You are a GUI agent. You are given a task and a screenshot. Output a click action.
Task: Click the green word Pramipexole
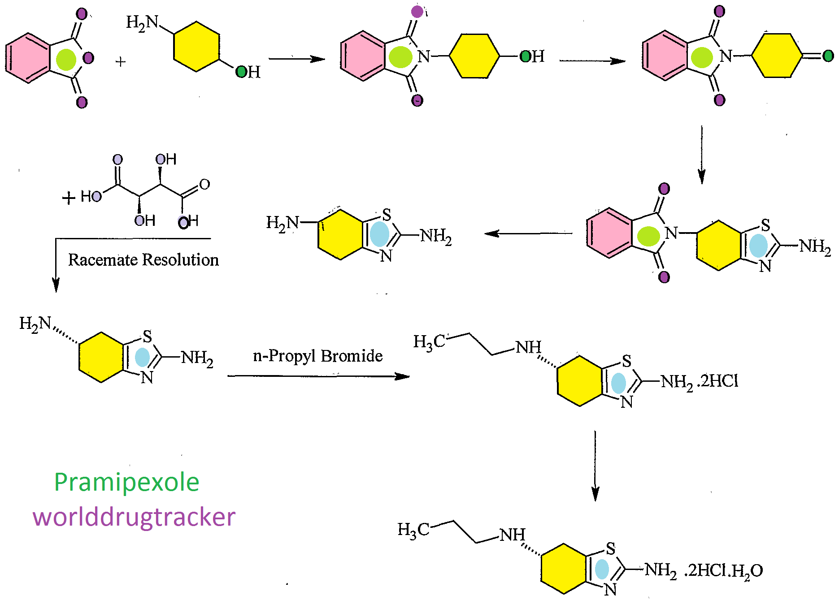coord(126,483)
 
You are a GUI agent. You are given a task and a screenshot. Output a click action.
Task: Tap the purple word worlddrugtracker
coord(134,517)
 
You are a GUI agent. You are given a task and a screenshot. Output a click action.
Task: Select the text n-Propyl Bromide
coord(317,356)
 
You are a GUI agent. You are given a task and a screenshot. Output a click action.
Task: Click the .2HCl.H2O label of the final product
coord(723,570)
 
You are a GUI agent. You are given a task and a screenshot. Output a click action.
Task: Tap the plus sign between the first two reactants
coord(120,61)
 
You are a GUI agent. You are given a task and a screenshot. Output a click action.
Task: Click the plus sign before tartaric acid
coord(68,198)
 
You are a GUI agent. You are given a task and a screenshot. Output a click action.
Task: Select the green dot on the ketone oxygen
coord(828,56)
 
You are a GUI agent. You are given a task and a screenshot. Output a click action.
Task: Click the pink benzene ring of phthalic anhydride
coord(28,58)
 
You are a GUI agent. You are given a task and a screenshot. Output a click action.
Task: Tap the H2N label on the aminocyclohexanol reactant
coord(142,22)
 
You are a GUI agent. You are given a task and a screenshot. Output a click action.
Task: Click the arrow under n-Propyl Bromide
coord(318,376)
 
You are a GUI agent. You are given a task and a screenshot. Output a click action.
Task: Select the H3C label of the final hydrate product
coord(413,530)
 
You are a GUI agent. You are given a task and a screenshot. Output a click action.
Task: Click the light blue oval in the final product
coord(602,569)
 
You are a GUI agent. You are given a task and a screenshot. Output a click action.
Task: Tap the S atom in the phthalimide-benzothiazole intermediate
coord(765,225)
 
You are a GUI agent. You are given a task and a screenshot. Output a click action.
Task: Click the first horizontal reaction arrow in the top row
coord(296,59)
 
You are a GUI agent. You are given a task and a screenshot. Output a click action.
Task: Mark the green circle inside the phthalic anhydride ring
coord(66,59)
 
